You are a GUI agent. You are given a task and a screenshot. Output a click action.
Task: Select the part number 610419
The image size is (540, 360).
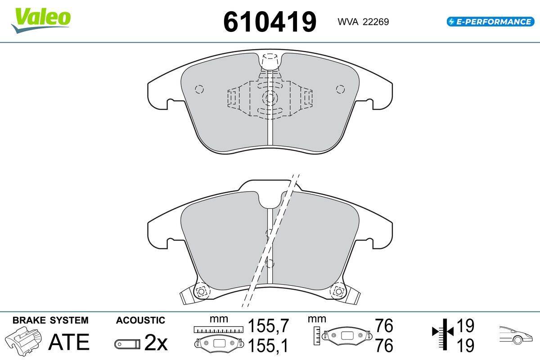[x=270, y=21]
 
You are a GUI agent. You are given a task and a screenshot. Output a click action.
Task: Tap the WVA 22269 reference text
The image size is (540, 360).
[x=360, y=22]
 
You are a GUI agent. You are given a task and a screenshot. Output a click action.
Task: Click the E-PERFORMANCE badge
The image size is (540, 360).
[x=489, y=21]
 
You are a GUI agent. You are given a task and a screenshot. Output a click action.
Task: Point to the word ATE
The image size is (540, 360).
[x=68, y=342]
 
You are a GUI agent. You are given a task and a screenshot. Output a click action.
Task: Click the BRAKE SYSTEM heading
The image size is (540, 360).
[x=50, y=320]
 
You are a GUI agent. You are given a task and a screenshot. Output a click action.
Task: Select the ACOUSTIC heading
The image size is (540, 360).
[x=140, y=320]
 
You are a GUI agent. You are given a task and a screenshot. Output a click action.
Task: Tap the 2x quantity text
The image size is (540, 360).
[x=156, y=344]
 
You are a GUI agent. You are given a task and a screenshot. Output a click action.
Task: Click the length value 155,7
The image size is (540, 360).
[x=268, y=325]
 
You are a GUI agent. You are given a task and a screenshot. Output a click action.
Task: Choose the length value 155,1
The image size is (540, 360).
[x=268, y=346]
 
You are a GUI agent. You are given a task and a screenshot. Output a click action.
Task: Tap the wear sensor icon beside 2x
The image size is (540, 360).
[x=127, y=344]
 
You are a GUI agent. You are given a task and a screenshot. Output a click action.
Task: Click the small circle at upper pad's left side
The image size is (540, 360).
[x=200, y=89]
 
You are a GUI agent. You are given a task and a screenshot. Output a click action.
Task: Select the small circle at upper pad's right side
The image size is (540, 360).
[x=340, y=89]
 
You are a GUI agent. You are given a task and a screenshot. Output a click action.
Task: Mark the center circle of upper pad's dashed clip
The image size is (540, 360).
[x=270, y=97]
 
